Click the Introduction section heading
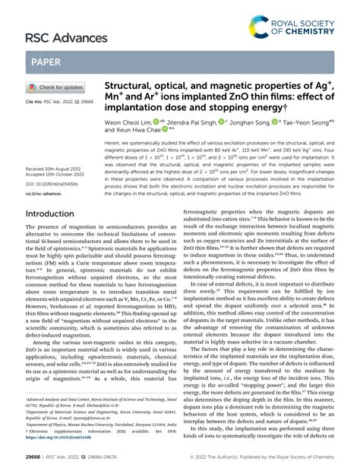tap(55, 215)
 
